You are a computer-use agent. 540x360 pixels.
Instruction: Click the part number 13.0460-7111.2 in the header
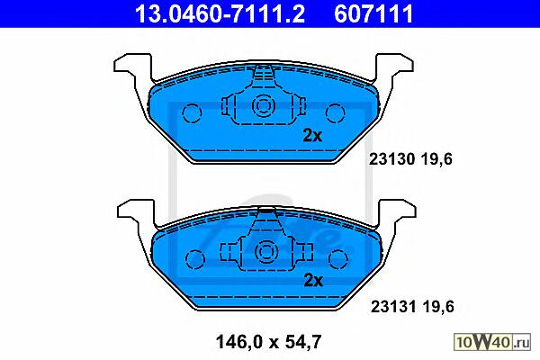pyautogui.click(x=220, y=13)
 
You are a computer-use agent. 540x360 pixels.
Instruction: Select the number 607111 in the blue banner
pyautogui.click(x=373, y=13)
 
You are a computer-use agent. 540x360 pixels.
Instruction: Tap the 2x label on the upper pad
pyautogui.click(x=312, y=135)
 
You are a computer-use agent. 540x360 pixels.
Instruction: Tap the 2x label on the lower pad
pyautogui.click(x=313, y=281)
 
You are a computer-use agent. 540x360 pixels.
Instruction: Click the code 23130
pyautogui.click(x=391, y=159)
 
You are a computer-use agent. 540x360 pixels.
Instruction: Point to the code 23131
pyautogui.click(x=393, y=306)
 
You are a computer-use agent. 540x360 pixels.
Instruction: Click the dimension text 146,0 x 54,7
pyautogui.click(x=268, y=342)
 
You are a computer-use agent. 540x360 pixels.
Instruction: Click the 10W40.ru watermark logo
pyautogui.click(x=492, y=342)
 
